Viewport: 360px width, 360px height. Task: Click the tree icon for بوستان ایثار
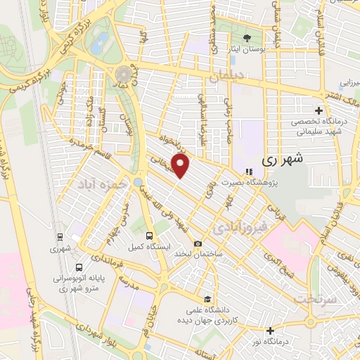coord(247,37)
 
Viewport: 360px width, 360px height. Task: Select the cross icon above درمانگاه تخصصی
coord(319,110)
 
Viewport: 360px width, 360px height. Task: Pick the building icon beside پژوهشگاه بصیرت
coord(247,171)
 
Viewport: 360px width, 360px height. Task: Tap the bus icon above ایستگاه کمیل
coord(149,236)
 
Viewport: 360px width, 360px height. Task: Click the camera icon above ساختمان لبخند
coord(198,243)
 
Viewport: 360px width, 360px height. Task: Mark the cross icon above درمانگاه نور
coord(270,330)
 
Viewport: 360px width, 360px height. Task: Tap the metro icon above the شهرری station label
coord(60,237)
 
